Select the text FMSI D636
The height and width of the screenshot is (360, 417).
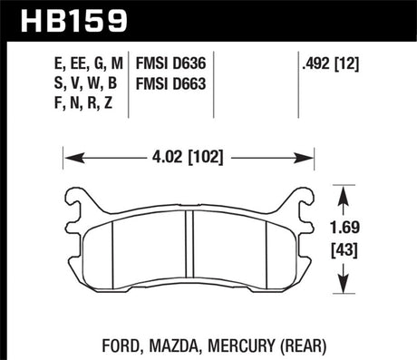[172, 63]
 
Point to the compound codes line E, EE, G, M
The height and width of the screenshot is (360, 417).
[86, 63]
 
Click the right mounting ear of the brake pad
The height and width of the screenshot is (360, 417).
[301, 205]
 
